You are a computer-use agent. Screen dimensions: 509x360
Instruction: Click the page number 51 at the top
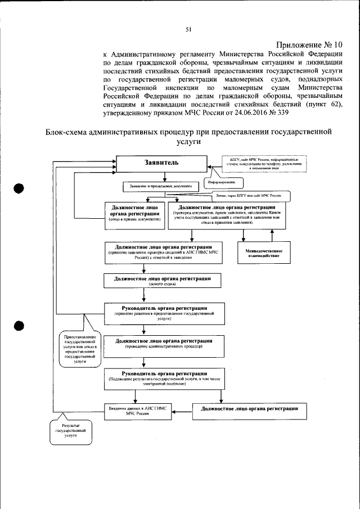[188, 30]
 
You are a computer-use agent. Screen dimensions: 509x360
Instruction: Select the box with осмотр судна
[163, 281]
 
